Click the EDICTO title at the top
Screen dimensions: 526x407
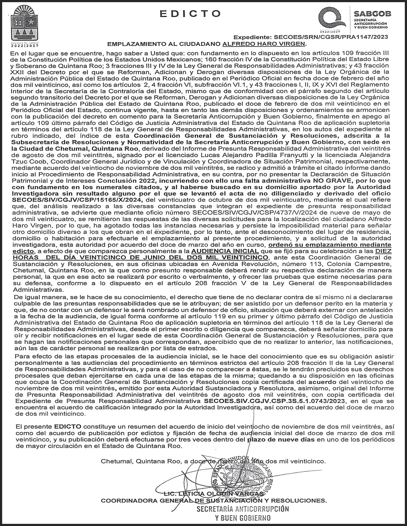(190, 13)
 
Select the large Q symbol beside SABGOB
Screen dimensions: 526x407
(332, 19)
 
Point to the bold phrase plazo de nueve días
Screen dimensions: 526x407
(281, 440)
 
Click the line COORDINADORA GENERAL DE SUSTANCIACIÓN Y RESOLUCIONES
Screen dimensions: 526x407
(213, 501)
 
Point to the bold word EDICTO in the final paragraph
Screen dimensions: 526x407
(68, 427)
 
